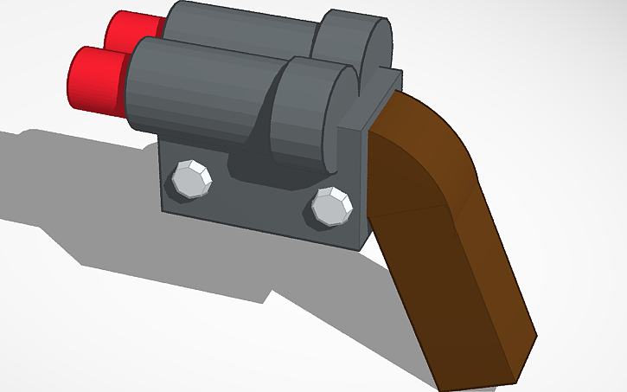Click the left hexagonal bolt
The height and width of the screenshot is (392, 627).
[191, 179]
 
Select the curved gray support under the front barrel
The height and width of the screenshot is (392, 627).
[251, 151]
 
